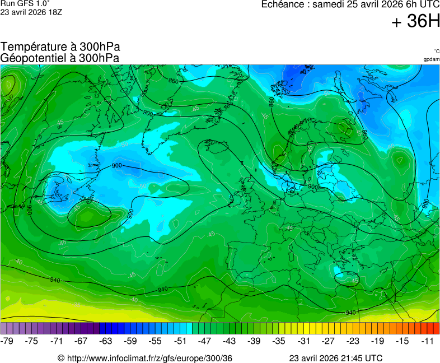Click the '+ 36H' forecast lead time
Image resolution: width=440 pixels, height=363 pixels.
(415, 22)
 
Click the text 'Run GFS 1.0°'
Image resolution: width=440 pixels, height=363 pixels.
(25, 3)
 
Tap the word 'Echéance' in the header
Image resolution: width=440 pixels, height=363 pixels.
(283, 4)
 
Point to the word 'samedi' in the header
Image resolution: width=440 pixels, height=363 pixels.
(329, 4)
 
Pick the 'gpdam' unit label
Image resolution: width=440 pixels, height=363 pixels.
(431, 59)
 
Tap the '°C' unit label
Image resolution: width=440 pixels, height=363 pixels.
(436, 52)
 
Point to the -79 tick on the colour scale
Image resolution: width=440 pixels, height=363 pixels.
(7, 341)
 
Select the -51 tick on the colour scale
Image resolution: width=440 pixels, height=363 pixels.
(180, 341)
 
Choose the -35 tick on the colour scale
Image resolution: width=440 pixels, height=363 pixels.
(279, 341)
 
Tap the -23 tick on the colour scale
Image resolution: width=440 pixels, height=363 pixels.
(353, 341)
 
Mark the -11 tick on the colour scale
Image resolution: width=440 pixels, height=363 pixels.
(427, 341)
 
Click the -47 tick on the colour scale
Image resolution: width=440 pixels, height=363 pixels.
(204, 341)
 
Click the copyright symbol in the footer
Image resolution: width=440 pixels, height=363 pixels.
(61, 358)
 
